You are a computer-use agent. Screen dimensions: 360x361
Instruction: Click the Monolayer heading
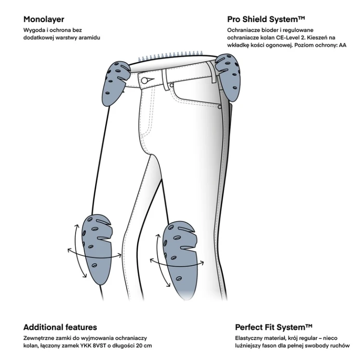pos(44,19)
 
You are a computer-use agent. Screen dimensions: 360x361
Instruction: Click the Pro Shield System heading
pos(266,19)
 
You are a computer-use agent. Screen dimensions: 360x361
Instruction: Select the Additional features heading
pos(60,327)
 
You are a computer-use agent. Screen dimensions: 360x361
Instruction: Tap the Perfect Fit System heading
pos(274,327)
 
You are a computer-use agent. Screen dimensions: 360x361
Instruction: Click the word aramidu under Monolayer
pos(89,38)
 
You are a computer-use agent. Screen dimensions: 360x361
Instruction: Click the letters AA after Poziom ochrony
pos(343,45)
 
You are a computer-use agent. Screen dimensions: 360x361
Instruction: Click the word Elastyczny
pos(248,338)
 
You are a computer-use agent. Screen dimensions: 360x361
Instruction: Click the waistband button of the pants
pos(145,80)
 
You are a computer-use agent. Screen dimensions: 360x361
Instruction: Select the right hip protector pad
pos(228,77)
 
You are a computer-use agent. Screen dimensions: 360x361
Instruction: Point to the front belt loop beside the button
pos(164,79)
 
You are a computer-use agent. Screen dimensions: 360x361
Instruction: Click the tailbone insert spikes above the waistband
pos(171,55)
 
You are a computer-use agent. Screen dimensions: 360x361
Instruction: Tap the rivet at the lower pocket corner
pos(219,107)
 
